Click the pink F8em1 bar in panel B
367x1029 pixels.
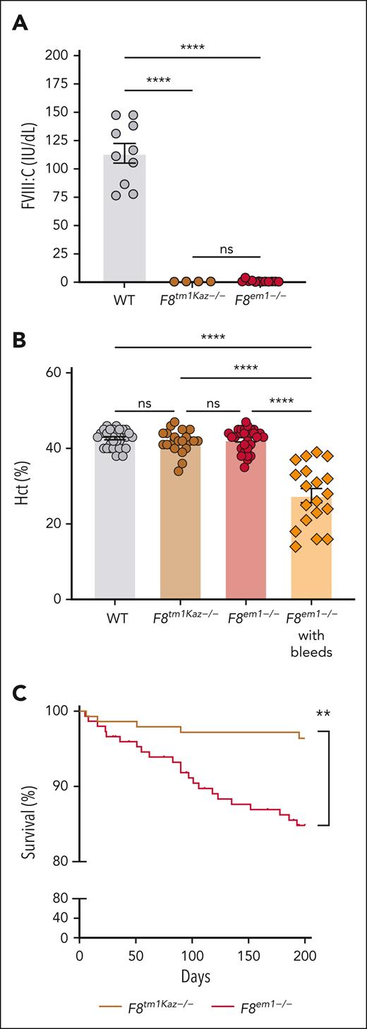(x=246, y=529)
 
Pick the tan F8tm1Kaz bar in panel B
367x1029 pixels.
(x=181, y=529)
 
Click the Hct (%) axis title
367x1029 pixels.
(x=29, y=486)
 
